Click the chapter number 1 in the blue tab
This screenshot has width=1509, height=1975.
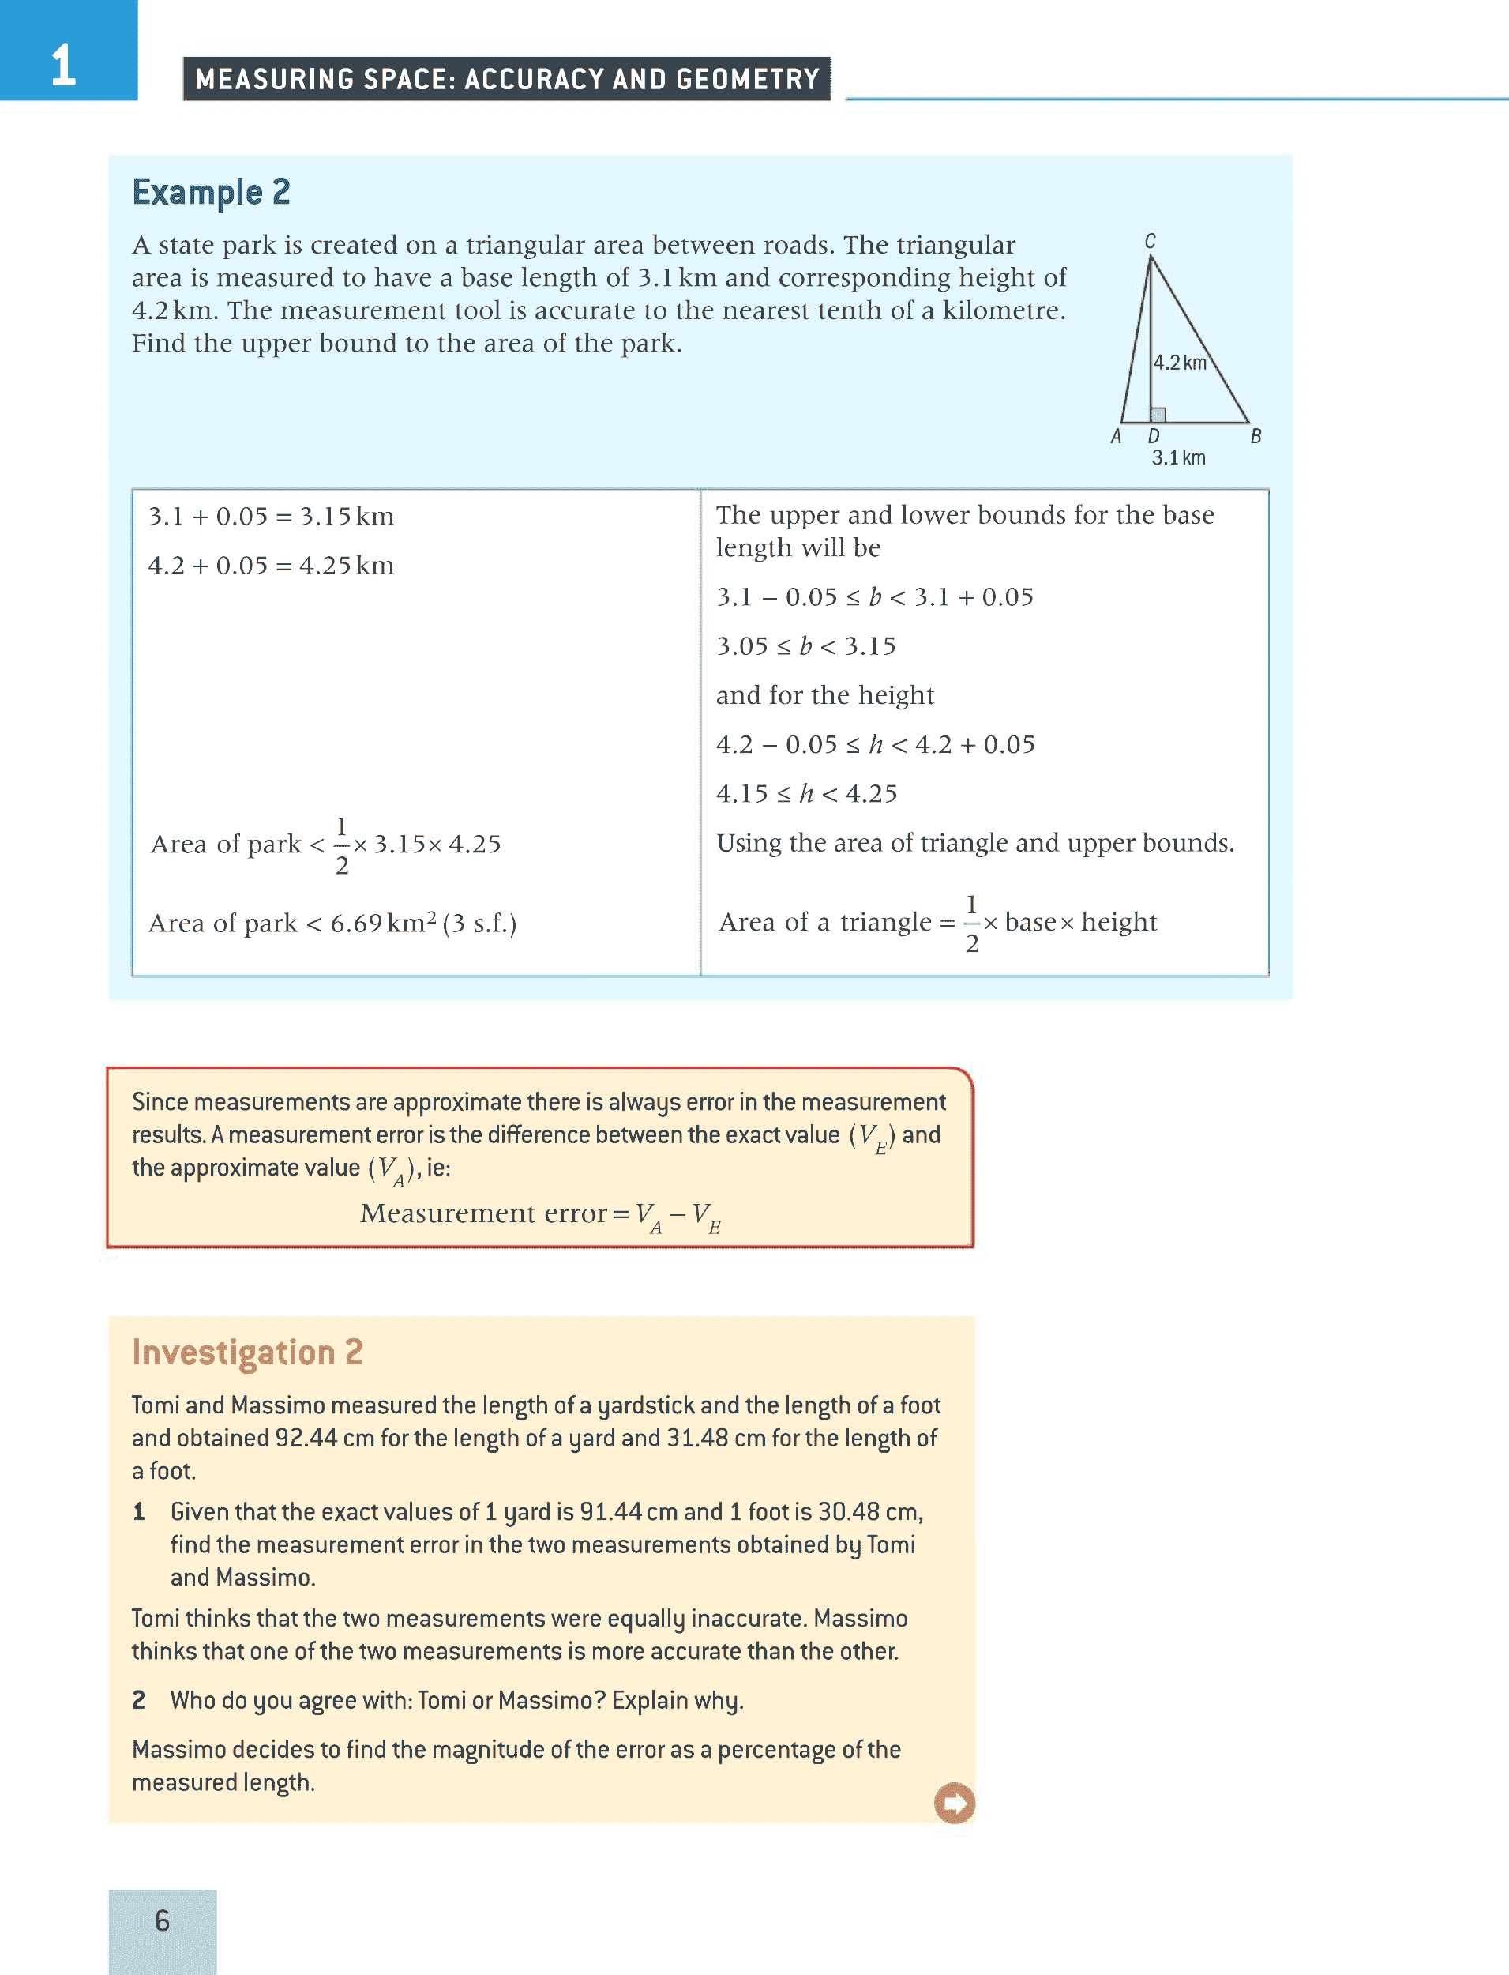click(63, 66)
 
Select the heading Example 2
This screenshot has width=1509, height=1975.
click(211, 192)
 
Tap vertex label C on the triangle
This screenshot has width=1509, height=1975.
click(1150, 241)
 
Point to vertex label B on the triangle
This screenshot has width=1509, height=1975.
click(1256, 437)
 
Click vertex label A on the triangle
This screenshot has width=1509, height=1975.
click(1116, 437)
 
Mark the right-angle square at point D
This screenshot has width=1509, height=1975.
click(1158, 414)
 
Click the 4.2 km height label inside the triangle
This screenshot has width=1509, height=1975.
click(1180, 363)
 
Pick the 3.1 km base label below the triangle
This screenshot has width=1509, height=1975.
click(1178, 458)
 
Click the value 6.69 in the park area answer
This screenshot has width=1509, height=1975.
click(355, 924)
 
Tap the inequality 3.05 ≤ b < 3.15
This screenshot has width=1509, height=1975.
click(805, 646)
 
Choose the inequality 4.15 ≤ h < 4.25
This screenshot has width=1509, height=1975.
click(806, 793)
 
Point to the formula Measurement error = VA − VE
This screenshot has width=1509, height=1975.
click(540, 1215)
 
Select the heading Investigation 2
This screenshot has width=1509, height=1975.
click(247, 1352)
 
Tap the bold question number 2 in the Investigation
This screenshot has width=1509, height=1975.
click(138, 1700)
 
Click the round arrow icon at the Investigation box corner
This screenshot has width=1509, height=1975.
click(954, 1803)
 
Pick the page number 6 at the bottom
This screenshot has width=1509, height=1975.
click(162, 1920)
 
